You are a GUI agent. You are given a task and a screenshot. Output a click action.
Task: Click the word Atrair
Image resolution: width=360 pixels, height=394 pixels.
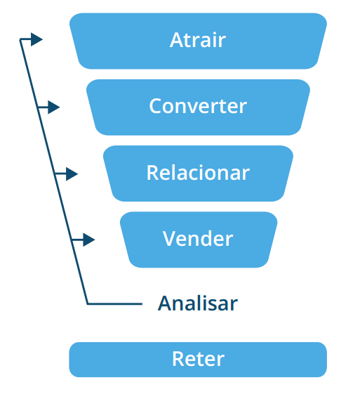[x=198, y=40]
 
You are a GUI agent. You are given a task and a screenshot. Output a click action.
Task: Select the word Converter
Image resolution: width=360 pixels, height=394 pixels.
[x=198, y=106]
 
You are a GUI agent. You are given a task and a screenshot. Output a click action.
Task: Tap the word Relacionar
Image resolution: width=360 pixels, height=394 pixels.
[x=198, y=172]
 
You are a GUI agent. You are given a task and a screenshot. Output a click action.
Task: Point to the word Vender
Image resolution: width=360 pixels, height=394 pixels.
[x=198, y=239]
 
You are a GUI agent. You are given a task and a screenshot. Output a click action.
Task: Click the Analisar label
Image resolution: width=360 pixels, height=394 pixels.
[x=198, y=303]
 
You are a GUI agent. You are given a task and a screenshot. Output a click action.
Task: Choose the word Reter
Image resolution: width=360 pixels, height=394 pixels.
[x=198, y=359]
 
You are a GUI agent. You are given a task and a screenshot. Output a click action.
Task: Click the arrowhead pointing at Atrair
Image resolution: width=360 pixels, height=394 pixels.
[x=36, y=39]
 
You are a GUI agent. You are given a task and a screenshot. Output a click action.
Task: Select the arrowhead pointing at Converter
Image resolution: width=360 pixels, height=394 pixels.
[x=54, y=107]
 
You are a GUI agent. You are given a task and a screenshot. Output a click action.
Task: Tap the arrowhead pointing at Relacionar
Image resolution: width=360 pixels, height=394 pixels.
[x=72, y=173]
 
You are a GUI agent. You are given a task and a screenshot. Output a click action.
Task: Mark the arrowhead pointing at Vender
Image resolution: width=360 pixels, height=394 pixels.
[x=89, y=239]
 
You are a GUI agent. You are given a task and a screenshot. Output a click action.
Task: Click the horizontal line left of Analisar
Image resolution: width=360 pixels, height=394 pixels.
[x=114, y=304]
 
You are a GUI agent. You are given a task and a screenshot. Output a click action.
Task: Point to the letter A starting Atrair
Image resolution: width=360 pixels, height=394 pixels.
[x=175, y=40]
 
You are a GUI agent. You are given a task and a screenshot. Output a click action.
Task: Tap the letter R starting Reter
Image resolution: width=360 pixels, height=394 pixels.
[x=178, y=359]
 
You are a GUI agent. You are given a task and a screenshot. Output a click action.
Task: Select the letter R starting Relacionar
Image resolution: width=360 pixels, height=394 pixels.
[x=152, y=172]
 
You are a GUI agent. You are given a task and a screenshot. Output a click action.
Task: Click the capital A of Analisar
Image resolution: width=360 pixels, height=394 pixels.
[x=164, y=303]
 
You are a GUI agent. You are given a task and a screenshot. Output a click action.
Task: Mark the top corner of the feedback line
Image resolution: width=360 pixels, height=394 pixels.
[x=20, y=39]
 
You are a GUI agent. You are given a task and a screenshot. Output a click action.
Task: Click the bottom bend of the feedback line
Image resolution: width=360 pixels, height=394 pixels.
[x=87, y=304]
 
